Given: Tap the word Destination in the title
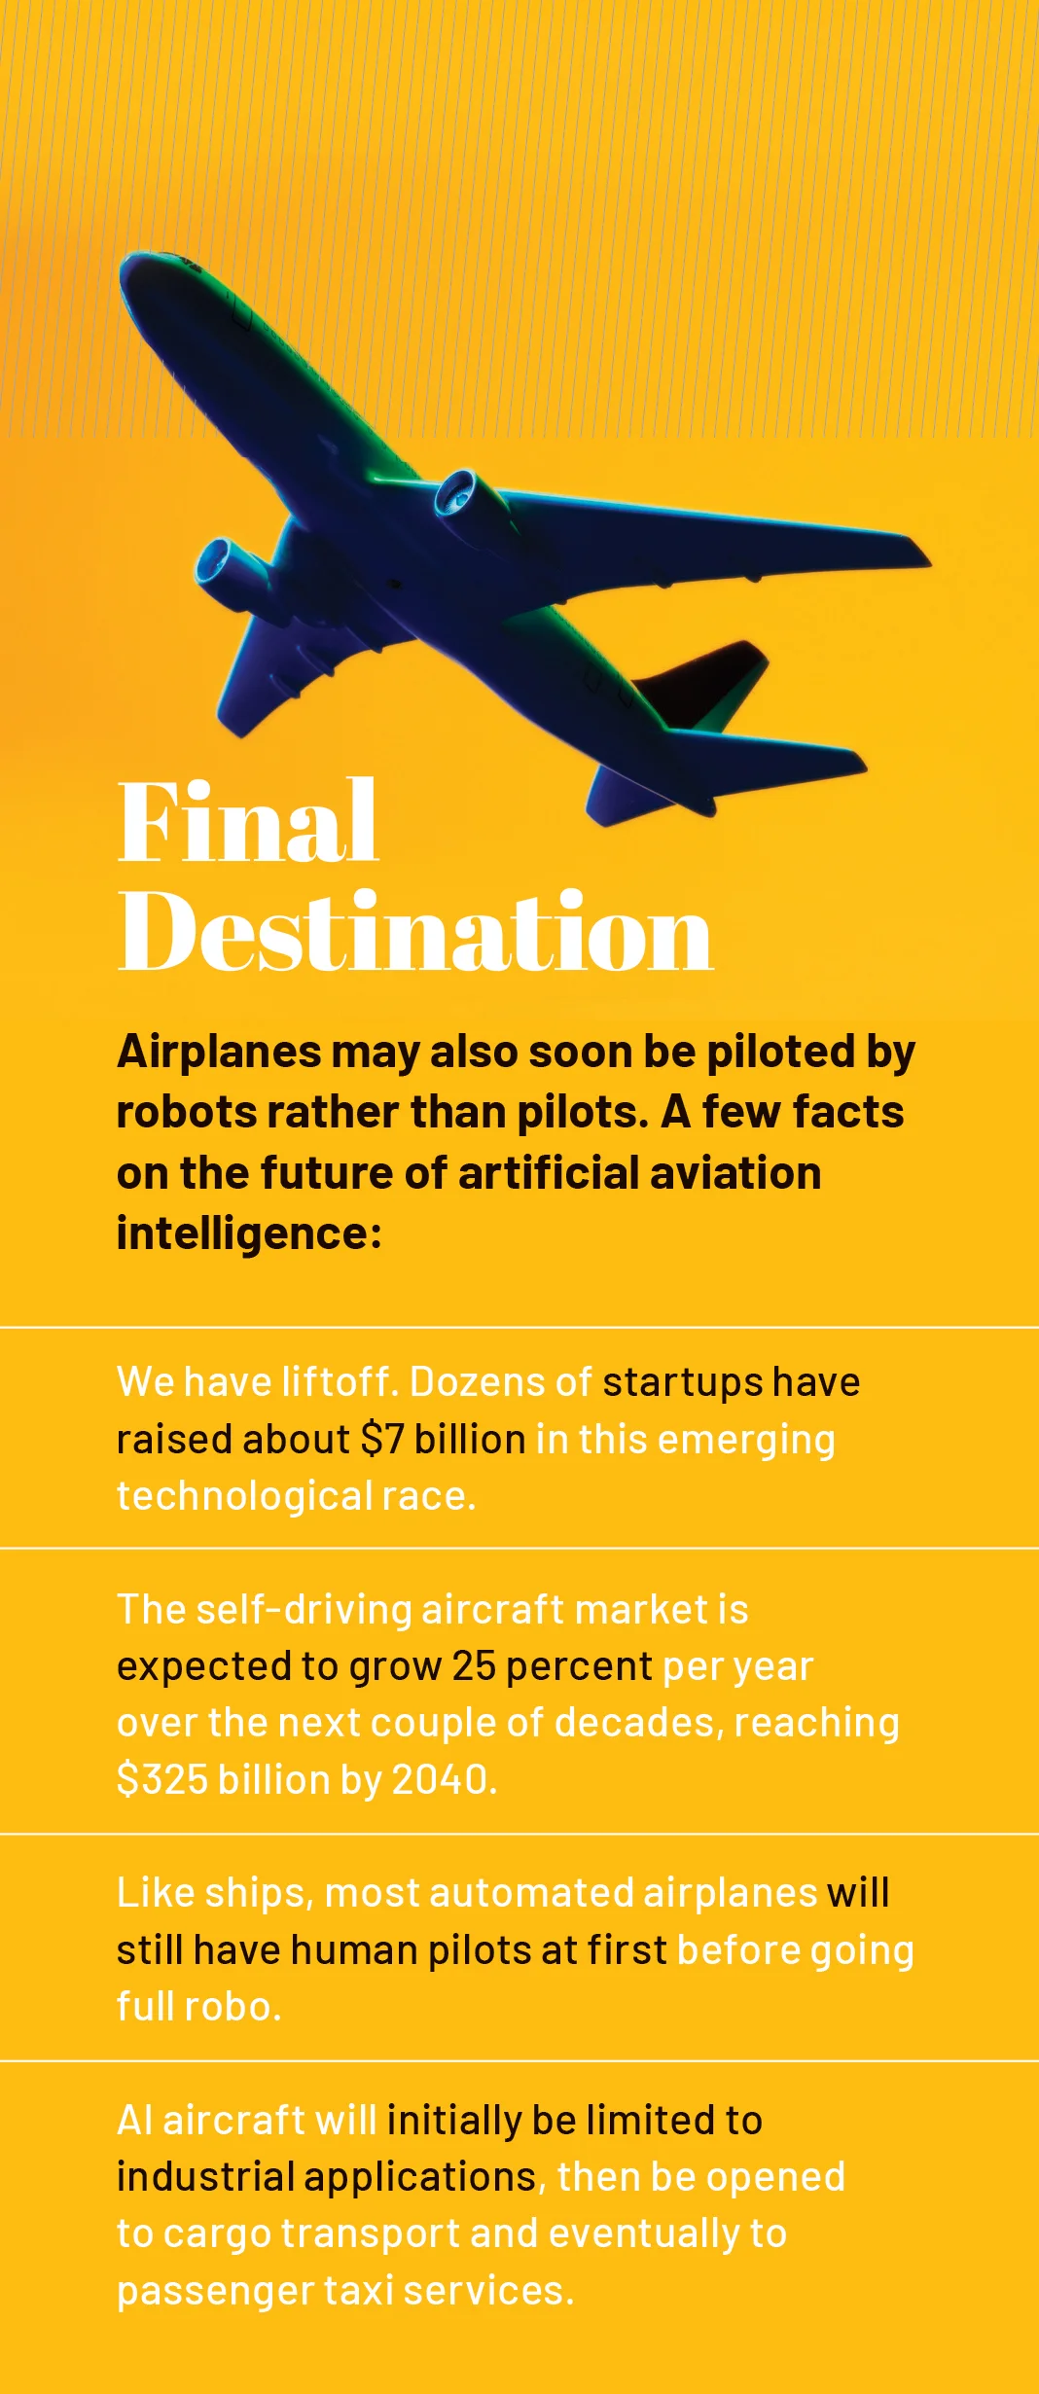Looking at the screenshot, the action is point(415,931).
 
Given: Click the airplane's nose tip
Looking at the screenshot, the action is point(124,268).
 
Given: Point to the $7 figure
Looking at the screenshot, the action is point(382,1439).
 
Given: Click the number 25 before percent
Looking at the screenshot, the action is point(475,1666).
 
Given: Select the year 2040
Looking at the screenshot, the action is point(440,1779).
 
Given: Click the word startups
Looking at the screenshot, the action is point(683,1382).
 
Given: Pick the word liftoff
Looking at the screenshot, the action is point(337,1381).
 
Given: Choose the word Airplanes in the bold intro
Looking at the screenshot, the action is point(220,1052).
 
